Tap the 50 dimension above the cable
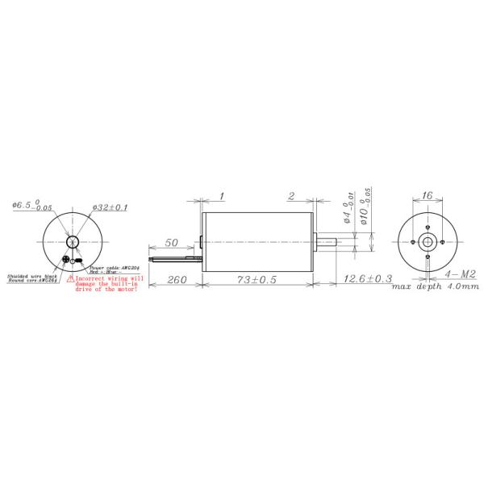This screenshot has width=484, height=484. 172,242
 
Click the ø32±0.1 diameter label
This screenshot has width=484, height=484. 111,207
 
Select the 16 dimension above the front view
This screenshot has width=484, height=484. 428,196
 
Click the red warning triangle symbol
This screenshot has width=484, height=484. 70,277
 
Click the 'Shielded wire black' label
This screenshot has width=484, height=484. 31,276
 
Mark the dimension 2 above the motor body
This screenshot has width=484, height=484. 290,196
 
